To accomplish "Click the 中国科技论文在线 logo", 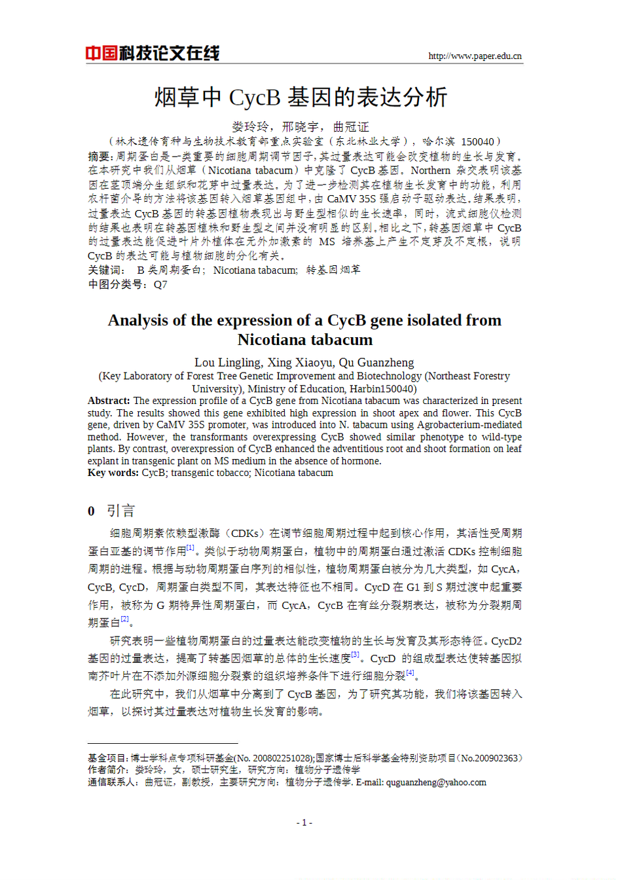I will tap(152, 53).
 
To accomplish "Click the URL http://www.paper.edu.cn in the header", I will tap(475, 56).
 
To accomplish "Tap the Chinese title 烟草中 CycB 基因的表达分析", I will tap(301, 98).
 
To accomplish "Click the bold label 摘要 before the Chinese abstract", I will tap(100, 156).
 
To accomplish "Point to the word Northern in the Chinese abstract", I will tap(430, 170).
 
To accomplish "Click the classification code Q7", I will tap(160, 284).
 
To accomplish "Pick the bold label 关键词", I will tap(105, 270).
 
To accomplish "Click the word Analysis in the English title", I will tap(137, 320).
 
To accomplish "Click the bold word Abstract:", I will tap(109, 401).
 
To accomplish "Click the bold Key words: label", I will tap(113, 473).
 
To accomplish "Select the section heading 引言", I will tap(120, 511).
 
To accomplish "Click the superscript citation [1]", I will tap(191, 547).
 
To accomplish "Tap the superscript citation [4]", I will tap(410, 672).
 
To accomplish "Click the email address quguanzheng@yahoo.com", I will tap(436, 782).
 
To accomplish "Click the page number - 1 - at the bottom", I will tap(304, 822).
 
